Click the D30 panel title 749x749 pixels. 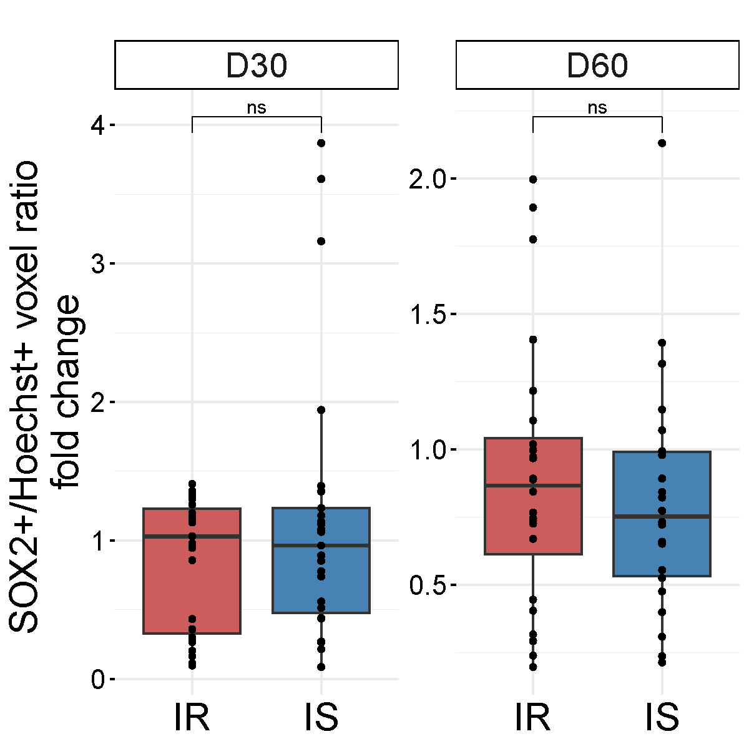(x=257, y=66)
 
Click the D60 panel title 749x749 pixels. (x=597, y=66)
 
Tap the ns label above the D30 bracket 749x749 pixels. (x=257, y=108)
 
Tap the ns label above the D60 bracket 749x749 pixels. (x=597, y=108)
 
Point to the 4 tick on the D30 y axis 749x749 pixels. (x=98, y=125)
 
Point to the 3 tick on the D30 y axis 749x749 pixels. (x=98, y=264)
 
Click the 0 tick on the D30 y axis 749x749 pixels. (x=98, y=680)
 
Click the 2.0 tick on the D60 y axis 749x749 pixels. (x=428, y=180)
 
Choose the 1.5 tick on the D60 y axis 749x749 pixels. (x=428, y=315)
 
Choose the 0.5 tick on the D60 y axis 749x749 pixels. (x=428, y=585)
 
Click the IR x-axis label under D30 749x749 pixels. (x=192, y=718)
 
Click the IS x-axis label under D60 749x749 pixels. (x=662, y=718)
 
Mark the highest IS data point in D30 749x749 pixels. (x=321, y=143)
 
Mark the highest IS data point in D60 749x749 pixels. (x=662, y=143)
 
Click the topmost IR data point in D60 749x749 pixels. (x=533, y=179)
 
